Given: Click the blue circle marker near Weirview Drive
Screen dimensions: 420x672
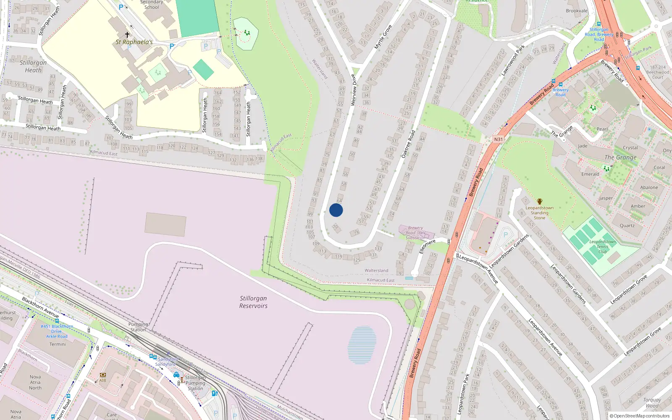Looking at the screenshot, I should point(336,210).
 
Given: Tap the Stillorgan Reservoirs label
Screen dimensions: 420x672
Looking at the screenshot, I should point(253,302).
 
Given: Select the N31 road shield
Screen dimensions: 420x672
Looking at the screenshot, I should point(498,139).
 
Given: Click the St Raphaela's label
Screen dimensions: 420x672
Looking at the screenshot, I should point(134,42).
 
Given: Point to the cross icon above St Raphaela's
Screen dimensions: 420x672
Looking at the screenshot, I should point(127,34).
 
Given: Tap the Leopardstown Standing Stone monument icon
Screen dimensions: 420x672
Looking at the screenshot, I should point(540,202).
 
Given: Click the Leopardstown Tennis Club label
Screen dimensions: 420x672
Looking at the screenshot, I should point(602,247).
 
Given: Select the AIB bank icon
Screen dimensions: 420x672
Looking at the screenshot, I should point(103,375).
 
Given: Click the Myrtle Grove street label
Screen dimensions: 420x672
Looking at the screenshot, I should point(383,37).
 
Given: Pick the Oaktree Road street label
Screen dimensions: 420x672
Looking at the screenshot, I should point(408,144).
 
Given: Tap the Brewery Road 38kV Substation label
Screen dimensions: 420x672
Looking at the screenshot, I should point(415,233).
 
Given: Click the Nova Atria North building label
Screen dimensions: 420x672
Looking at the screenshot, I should point(35,382).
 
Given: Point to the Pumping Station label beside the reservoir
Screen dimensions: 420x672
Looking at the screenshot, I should point(138,327).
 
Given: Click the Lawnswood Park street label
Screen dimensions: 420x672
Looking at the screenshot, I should point(513,60).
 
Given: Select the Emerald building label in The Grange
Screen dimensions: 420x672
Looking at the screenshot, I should point(590,174).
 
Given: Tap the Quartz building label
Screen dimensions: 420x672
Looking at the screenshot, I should point(627,226).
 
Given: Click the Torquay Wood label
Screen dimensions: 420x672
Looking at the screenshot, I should point(652,403).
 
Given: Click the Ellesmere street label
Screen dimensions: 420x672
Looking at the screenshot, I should point(427,247).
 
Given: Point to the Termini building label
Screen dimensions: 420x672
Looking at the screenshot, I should point(58,344).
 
